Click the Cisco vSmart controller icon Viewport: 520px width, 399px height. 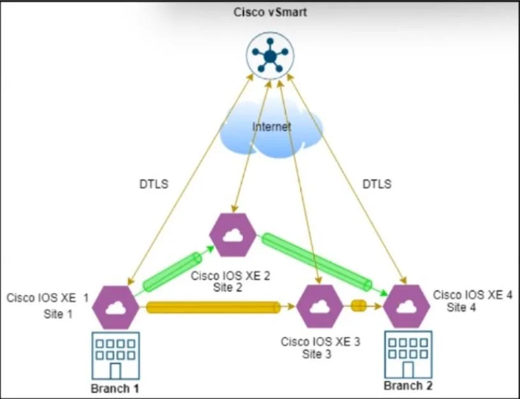point(270,55)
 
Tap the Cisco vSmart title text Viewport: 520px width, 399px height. point(270,12)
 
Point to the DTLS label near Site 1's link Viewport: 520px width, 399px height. point(154,184)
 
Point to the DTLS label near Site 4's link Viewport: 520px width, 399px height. point(376,184)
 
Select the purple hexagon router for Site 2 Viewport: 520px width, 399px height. point(233,235)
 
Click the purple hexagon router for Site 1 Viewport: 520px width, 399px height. point(115,307)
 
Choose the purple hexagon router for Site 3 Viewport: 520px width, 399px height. point(320,306)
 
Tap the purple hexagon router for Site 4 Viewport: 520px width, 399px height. point(406,306)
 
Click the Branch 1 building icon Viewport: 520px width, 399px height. point(115,356)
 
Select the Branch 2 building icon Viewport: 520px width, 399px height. point(408,354)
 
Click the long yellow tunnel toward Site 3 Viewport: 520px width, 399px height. point(213,307)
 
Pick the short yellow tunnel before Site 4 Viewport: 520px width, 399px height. point(359,305)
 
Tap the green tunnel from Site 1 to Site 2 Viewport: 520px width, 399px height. point(172,272)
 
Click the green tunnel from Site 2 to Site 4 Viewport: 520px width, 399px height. point(316,262)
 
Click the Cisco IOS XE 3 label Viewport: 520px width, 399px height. point(320,342)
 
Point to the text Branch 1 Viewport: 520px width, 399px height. point(115,388)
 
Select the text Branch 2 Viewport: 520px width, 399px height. point(408,386)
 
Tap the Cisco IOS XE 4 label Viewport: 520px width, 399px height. point(473,294)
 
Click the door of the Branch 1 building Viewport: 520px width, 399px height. point(115,371)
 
